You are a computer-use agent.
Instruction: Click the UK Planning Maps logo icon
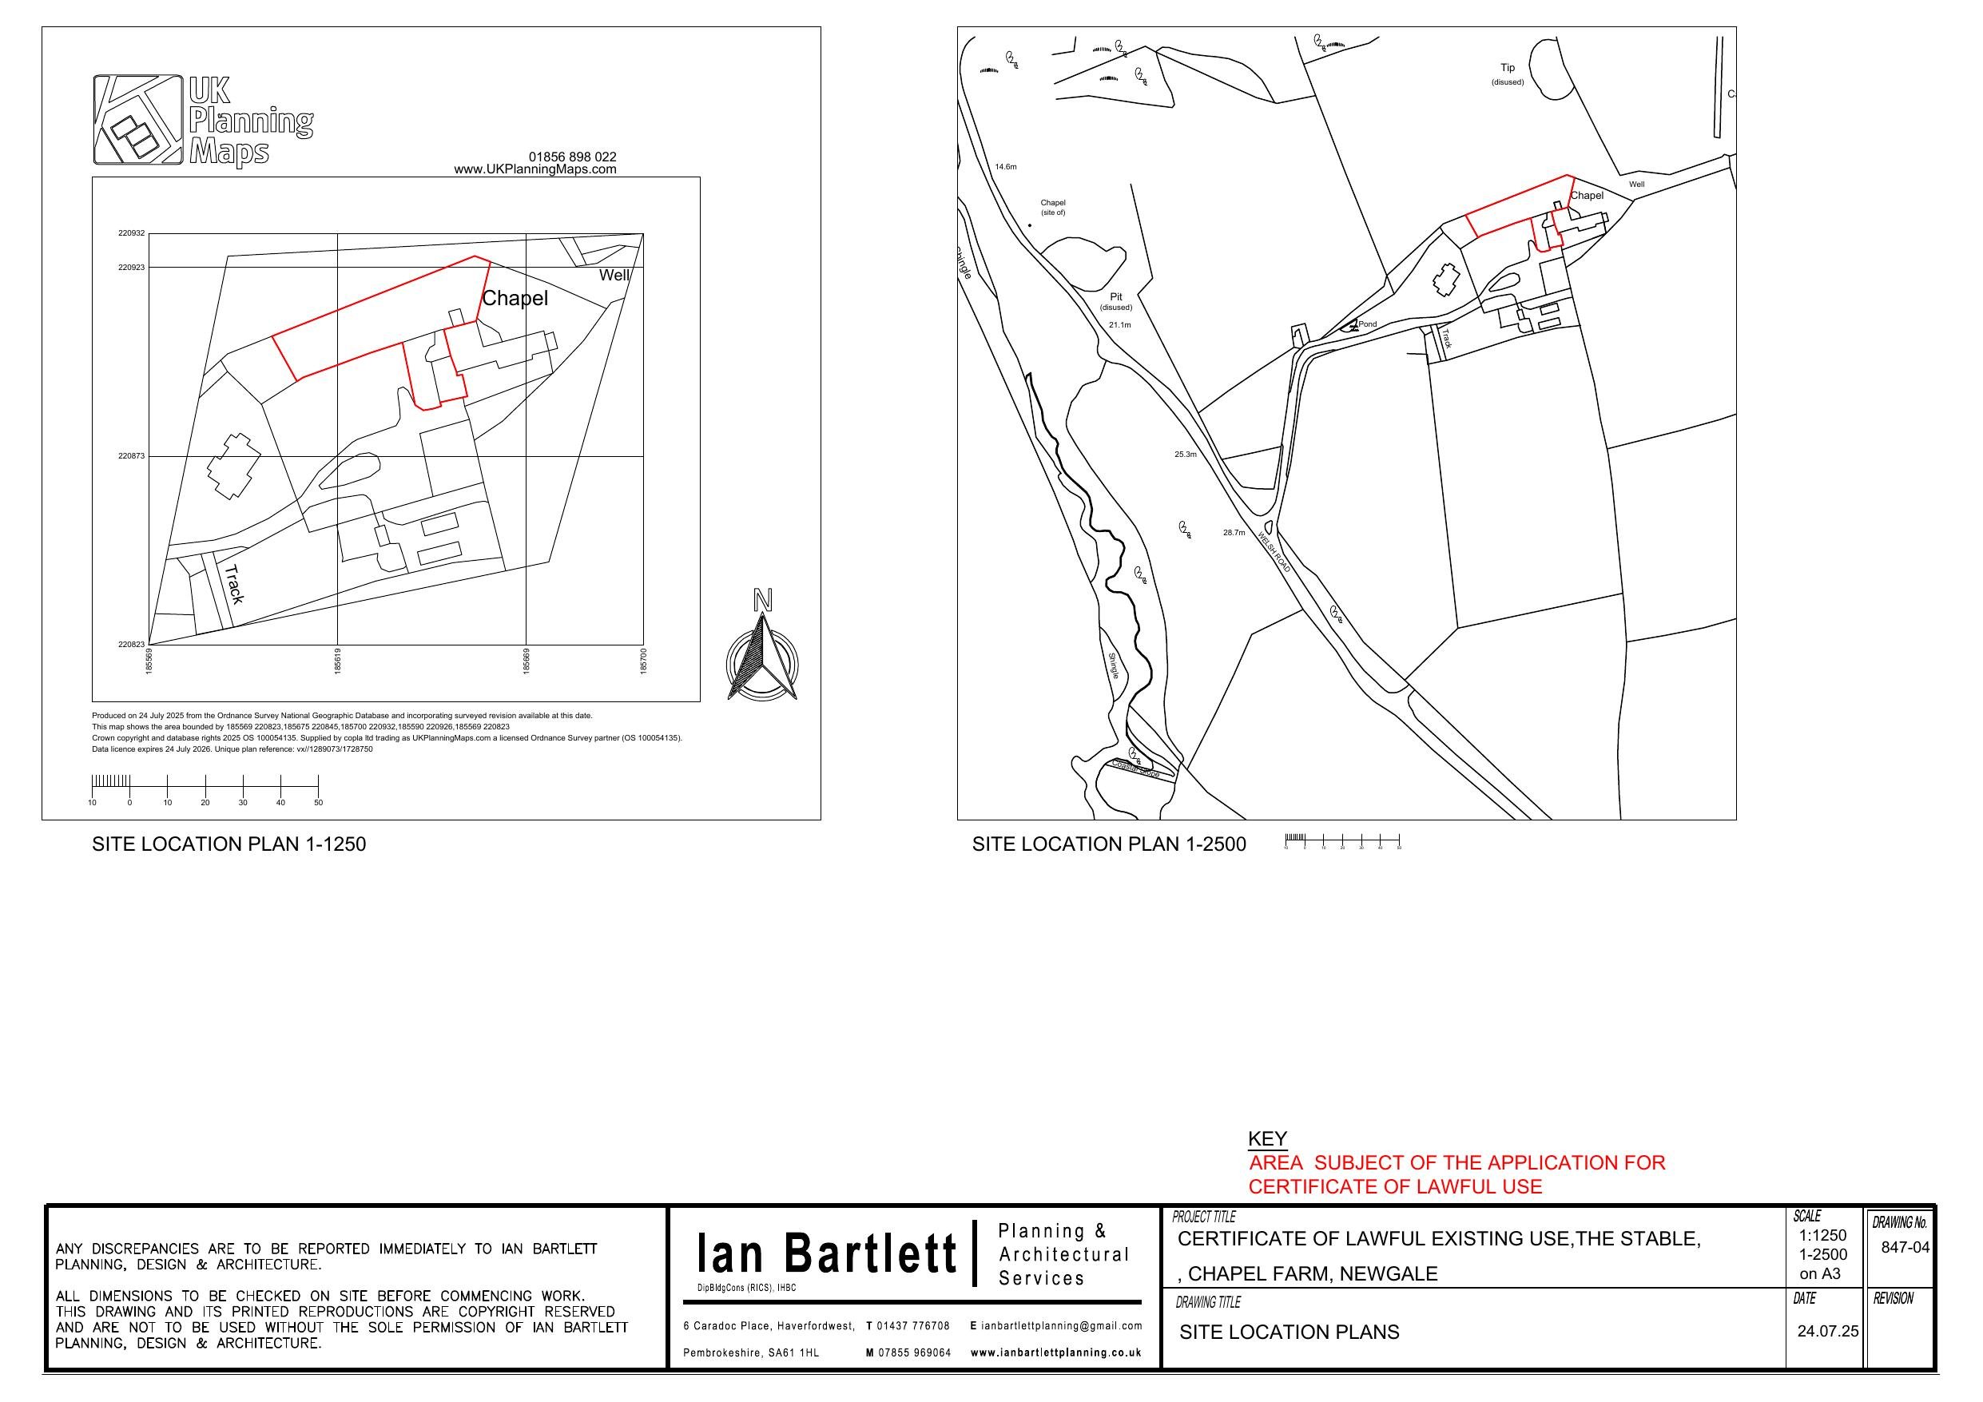138,119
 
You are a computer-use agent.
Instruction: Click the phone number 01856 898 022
573,157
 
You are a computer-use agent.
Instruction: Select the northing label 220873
132,455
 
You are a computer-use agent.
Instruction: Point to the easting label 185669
526,661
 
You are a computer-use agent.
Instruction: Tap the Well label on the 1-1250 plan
614,275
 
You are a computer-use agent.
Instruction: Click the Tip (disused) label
1507,73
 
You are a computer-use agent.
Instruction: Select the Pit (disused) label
1116,301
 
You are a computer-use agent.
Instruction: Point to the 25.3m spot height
1185,454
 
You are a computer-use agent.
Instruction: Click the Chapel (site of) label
1053,208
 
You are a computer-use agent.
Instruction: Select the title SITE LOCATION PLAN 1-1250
229,844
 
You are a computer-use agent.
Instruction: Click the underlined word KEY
1267,1138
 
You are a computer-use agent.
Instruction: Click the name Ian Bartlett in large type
828,1253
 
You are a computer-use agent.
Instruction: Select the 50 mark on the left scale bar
318,803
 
